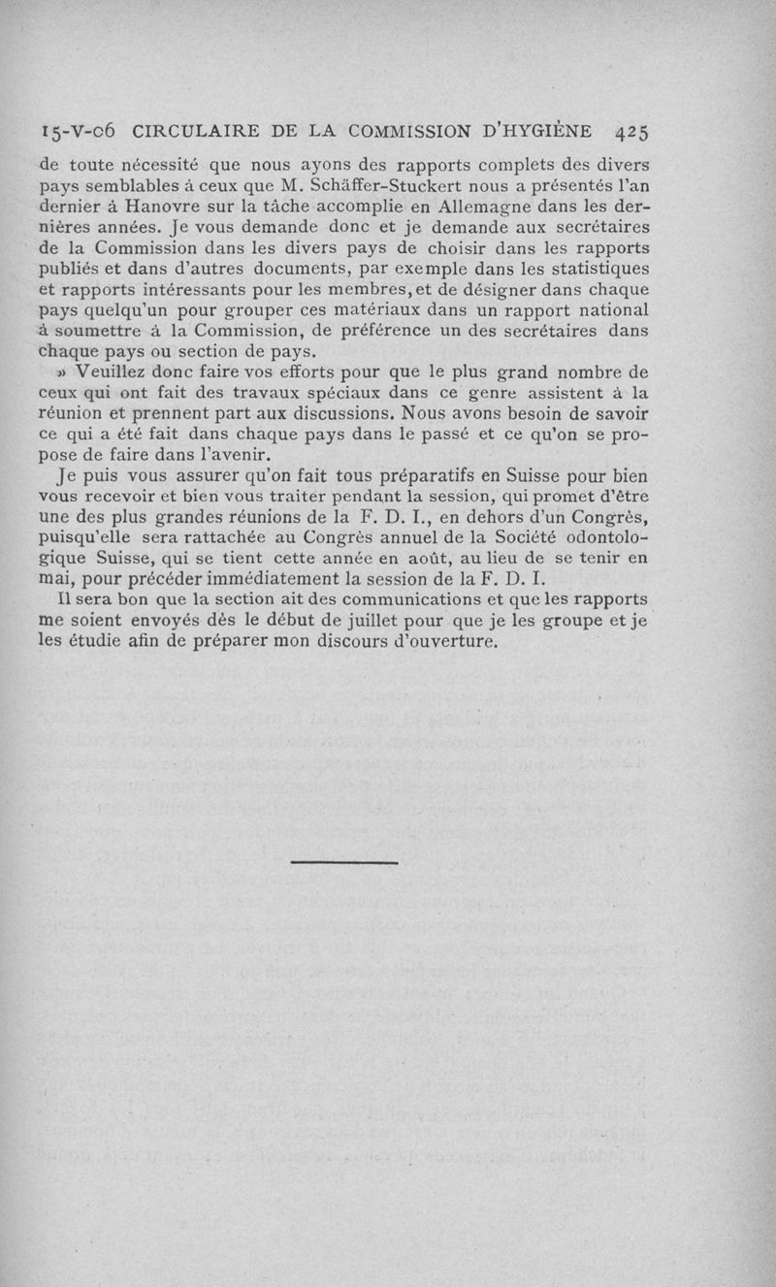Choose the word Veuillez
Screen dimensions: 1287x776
104,373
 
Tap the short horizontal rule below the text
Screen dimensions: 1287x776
344,861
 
